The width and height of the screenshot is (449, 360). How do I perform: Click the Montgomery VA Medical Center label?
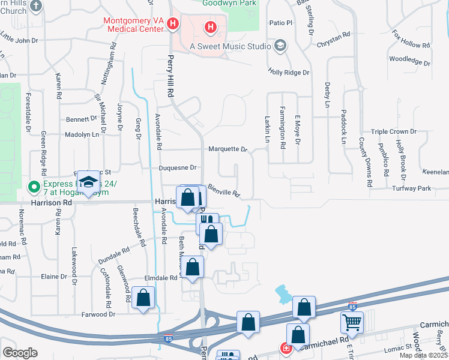tap(133, 24)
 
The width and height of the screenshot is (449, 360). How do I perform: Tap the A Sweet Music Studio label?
tap(231, 46)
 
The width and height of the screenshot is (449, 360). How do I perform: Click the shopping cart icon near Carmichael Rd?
tap(352, 322)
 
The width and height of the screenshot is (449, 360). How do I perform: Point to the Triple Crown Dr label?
tap(394, 131)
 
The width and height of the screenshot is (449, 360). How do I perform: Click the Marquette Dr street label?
tap(228, 149)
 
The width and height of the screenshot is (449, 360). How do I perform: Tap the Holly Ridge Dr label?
tap(288, 72)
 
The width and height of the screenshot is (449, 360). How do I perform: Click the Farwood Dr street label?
tap(99, 314)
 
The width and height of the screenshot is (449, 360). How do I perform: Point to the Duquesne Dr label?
tap(178, 168)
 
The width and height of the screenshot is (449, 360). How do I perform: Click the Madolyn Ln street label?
tap(82, 135)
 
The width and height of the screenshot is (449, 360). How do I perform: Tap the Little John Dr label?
tap(19, 40)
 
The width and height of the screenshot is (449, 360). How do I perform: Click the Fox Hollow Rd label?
tap(411, 40)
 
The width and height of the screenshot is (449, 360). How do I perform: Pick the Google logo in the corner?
tap(20, 352)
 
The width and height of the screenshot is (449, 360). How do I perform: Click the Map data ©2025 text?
tap(423, 355)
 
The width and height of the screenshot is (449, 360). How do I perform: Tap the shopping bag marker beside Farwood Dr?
tap(143, 298)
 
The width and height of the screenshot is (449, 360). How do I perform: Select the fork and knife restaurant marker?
tap(207, 222)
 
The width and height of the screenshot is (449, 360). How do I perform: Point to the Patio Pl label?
tap(280, 23)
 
